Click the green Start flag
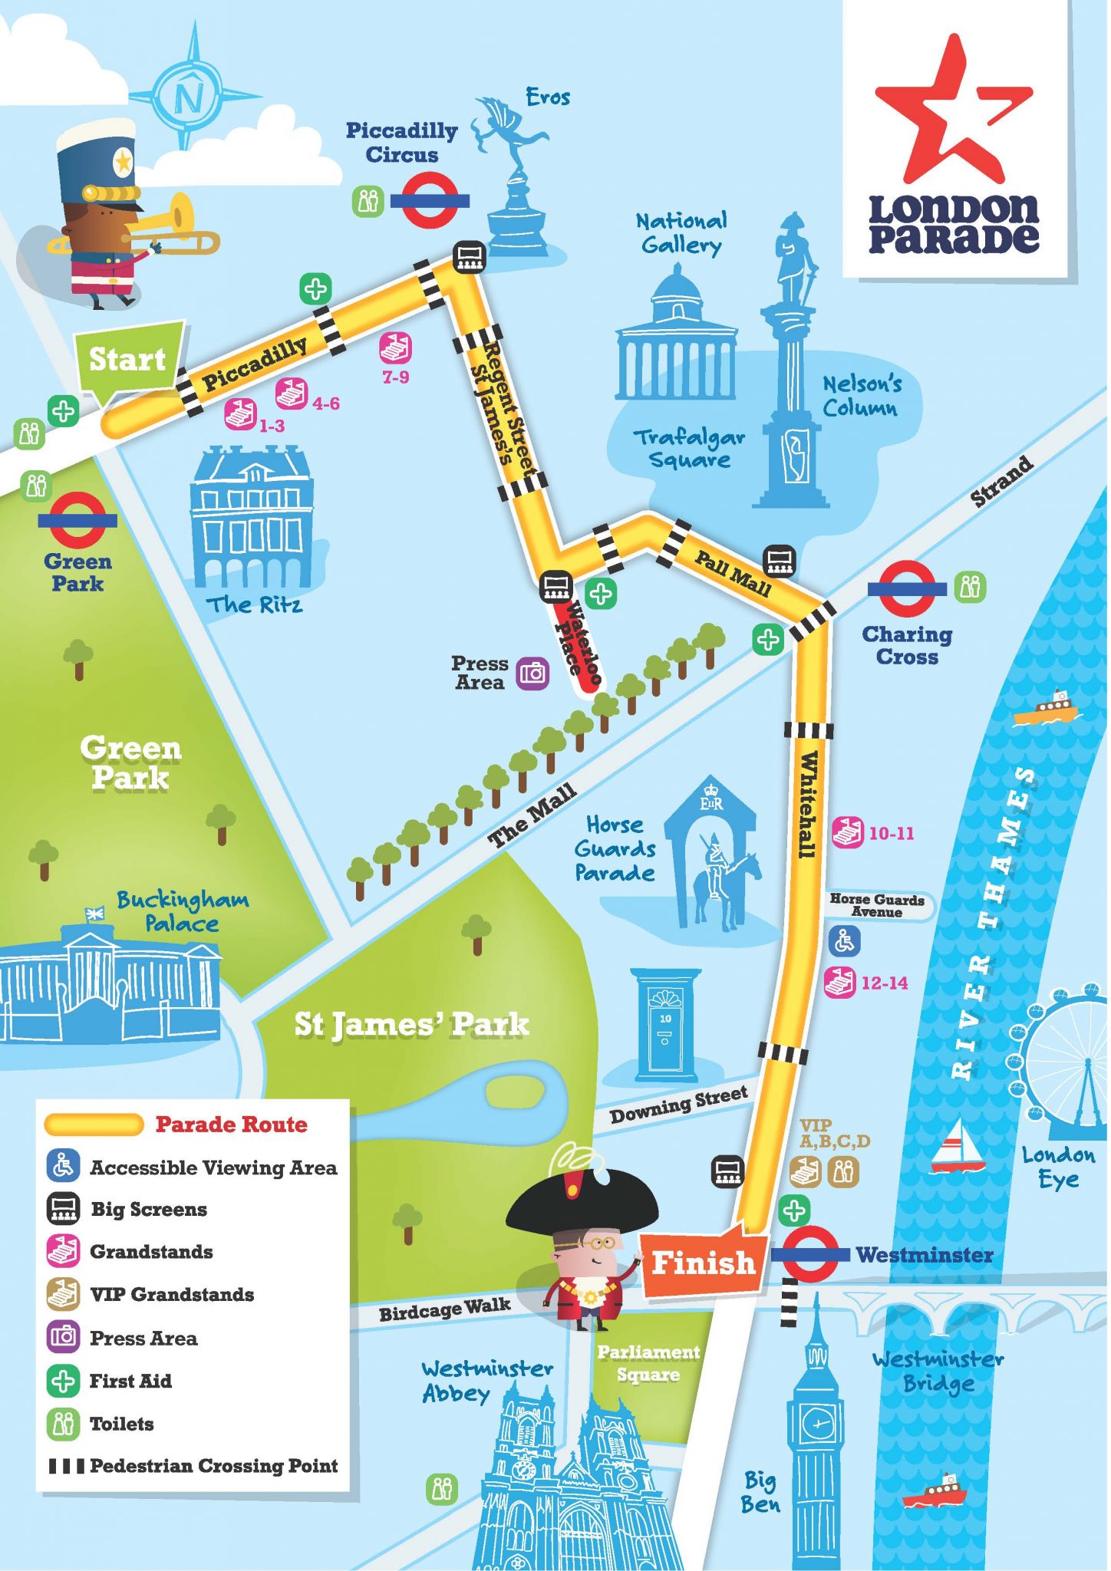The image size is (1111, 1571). pyautogui.click(x=128, y=359)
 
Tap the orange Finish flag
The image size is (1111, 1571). pyautogui.click(x=702, y=1262)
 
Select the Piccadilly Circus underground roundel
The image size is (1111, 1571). pyautogui.click(x=430, y=200)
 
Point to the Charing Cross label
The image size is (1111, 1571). pyautogui.click(x=907, y=645)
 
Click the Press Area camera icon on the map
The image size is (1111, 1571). pyautogui.click(x=532, y=674)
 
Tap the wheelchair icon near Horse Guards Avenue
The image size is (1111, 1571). pyautogui.click(x=844, y=940)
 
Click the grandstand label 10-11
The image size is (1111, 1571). pyautogui.click(x=891, y=833)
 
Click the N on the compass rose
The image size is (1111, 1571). pyautogui.click(x=190, y=97)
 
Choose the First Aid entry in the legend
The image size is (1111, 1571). pyautogui.click(x=130, y=1381)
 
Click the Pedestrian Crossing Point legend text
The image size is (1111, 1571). pyautogui.click(x=213, y=1466)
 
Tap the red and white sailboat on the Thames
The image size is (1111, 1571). pyautogui.click(x=958, y=1148)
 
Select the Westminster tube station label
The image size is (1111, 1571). pyautogui.click(x=924, y=1255)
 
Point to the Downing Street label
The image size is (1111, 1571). pyautogui.click(x=678, y=1104)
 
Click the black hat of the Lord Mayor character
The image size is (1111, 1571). pyautogui.click(x=582, y=1204)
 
